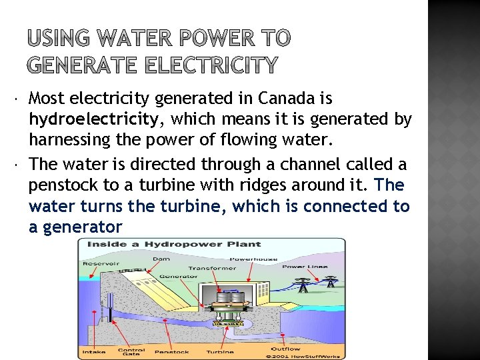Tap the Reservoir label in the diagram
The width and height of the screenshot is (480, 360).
pyautogui.click(x=100, y=263)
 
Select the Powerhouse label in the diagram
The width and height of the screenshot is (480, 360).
pyautogui.click(x=244, y=259)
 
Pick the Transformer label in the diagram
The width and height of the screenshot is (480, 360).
pyautogui.click(x=212, y=268)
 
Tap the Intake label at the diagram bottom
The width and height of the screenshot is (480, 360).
pyautogui.click(x=93, y=351)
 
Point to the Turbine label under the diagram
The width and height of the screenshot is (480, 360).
pyautogui.click(x=219, y=351)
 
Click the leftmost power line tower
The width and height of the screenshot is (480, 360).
pyautogui.click(x=303, y=285)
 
